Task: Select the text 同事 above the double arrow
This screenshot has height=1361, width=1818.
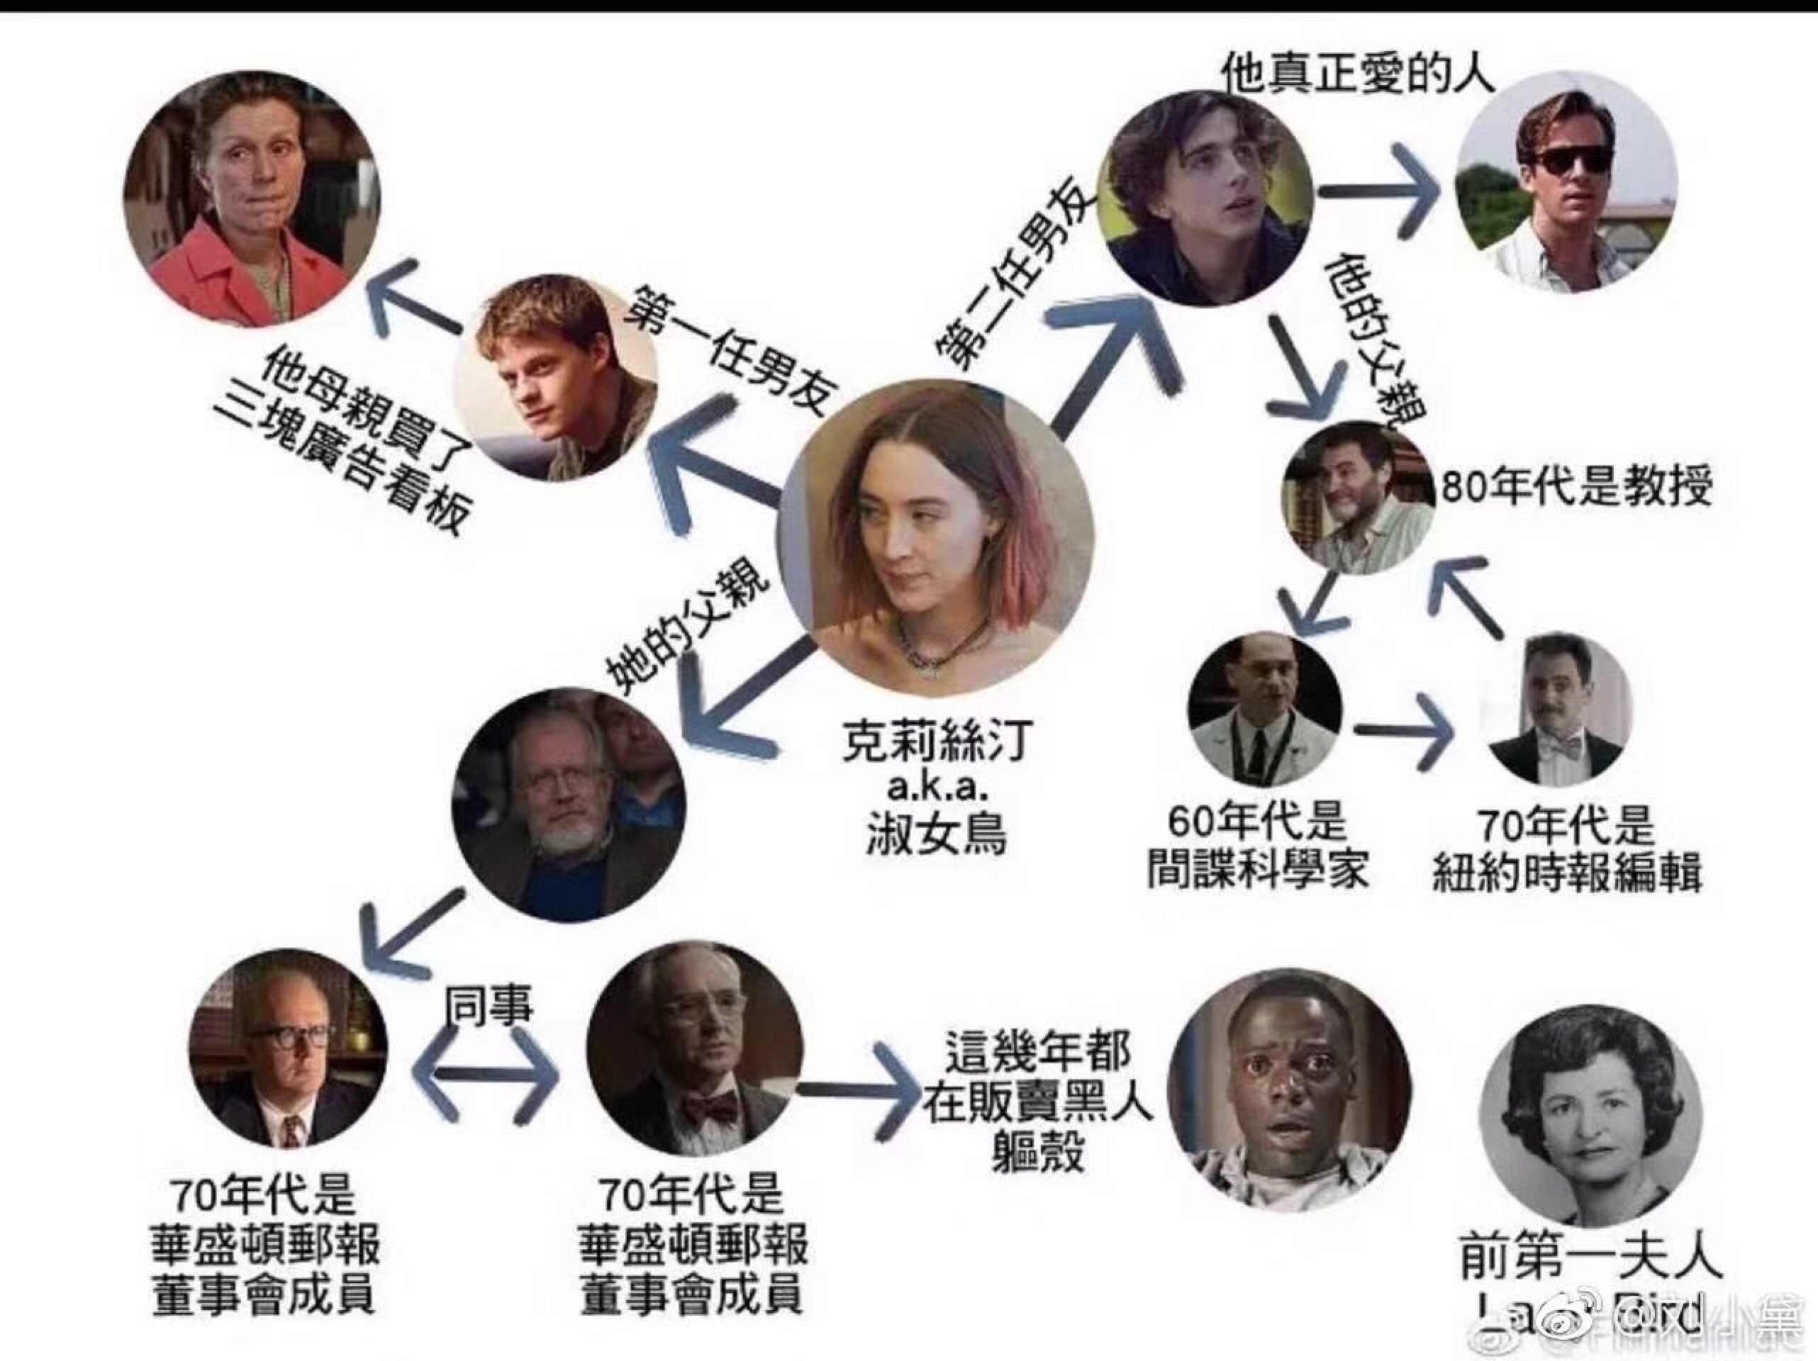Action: click(489, 1005)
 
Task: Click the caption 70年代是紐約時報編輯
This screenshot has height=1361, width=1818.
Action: click(1566, 851)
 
